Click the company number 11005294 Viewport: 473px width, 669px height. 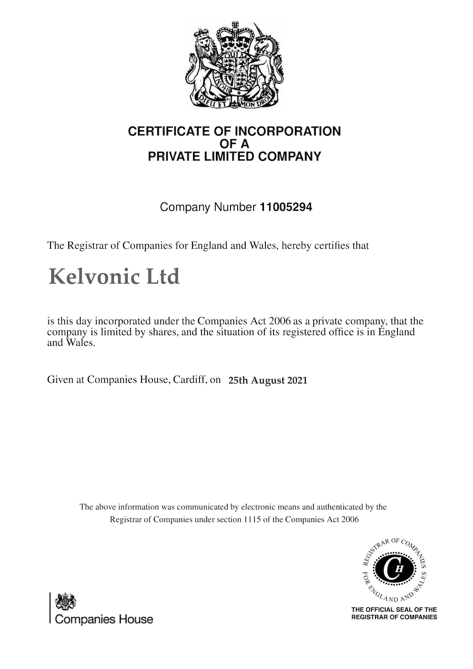coord(286,207)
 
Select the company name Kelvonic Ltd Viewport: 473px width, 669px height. coord(114,277)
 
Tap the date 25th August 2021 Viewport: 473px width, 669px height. coord(268,380)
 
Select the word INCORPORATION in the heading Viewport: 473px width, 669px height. coord(287,131)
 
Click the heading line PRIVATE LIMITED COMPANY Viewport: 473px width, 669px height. coord(235,156)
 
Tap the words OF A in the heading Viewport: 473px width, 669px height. coord(235,144)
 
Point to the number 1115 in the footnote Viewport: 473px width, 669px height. coord(252,519)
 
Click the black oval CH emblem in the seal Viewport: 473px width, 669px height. coord(394,570)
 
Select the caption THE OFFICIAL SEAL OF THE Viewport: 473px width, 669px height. coord(394,609)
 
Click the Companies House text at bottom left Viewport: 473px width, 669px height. coord(104,619)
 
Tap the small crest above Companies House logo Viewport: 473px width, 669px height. coord(66,602)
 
